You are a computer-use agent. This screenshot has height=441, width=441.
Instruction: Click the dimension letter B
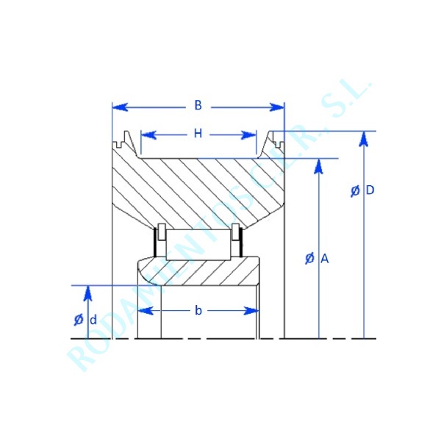198,106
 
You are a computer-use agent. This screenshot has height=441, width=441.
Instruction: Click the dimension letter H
198,134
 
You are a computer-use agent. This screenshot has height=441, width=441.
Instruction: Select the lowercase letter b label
198,311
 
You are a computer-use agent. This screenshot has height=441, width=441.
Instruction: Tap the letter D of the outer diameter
370,190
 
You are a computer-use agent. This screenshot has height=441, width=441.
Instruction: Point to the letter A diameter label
324,259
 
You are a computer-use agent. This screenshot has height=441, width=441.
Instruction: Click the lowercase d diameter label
93,320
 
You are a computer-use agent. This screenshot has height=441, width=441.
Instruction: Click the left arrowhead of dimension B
117,107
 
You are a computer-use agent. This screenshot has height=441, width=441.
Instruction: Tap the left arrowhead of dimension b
145,311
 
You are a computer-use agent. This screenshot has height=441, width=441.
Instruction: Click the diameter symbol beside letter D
356,191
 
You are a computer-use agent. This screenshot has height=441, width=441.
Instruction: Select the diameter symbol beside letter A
309,259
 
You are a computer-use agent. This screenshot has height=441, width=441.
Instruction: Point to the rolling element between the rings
197,243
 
